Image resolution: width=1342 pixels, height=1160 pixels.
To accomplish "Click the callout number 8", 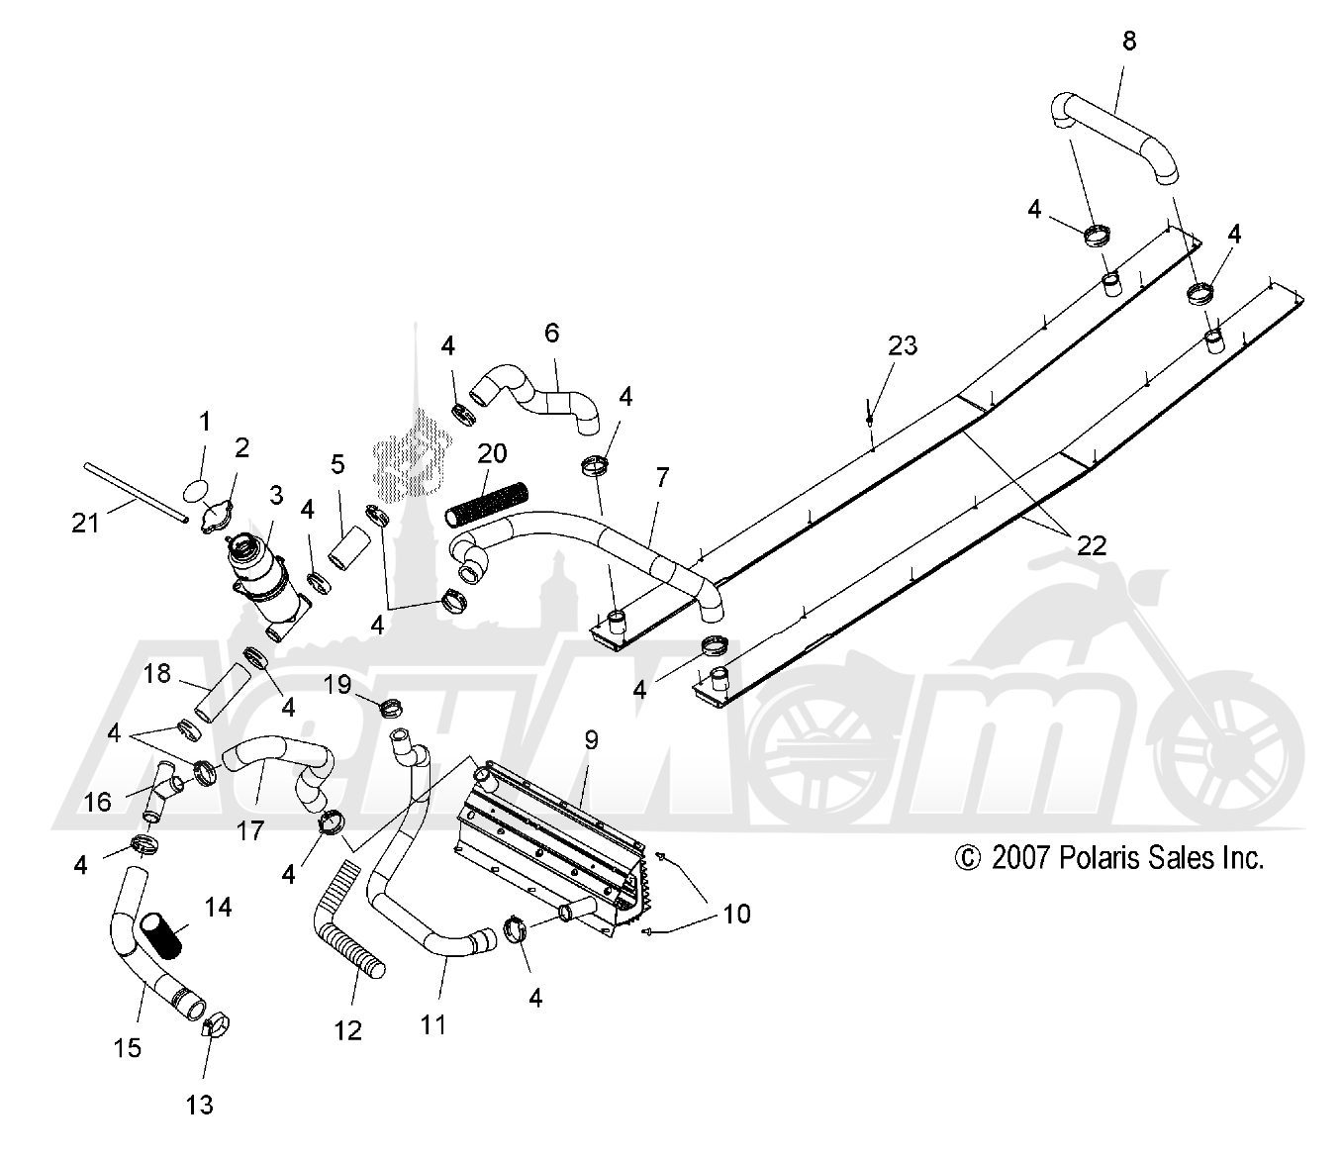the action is pyautogui.click(x=1129, y=41).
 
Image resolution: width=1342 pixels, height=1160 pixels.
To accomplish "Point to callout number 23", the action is pyautogui.click(x=903, y=345).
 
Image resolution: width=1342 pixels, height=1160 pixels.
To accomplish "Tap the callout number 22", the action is pyautogui.click(x=1092, y=545).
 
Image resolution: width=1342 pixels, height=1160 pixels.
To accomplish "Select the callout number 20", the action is pyautogui.click(x=492, y=453).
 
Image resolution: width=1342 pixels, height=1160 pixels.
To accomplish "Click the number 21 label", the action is pyautogui.click(x=85, y=523).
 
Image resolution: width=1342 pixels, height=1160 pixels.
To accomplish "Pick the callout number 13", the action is pyautogui.click(x=199, y=1105).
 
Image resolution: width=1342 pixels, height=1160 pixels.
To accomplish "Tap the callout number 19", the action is pyautogui.click(x=337, y=684).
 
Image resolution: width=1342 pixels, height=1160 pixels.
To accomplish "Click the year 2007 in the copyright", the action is pyautogui.click(x=1020, y=858).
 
